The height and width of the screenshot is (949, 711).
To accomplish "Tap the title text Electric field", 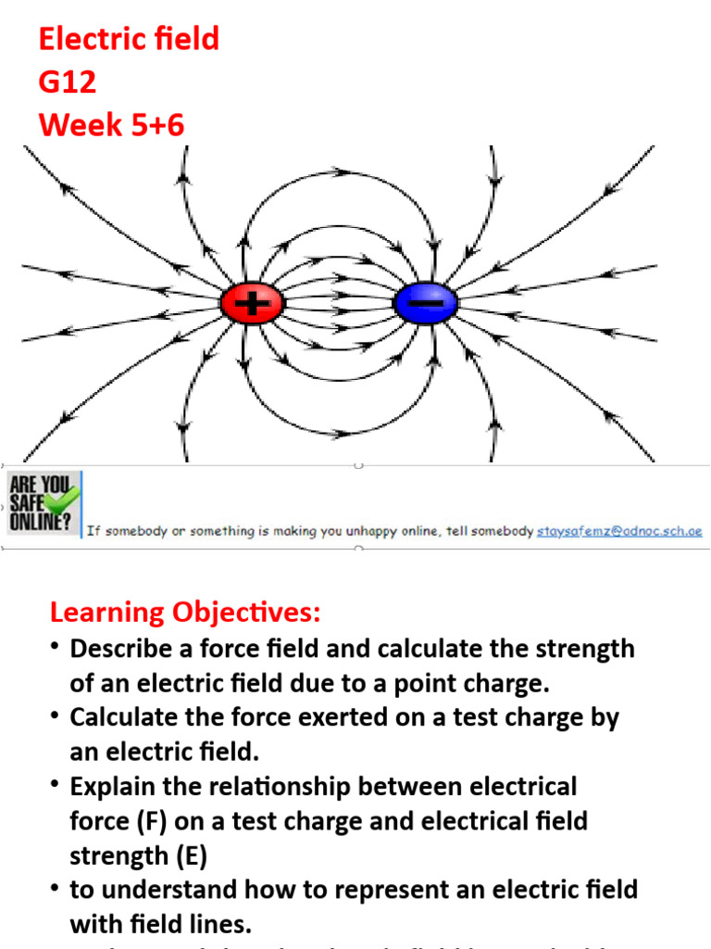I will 129,39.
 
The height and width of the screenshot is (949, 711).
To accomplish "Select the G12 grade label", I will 68,82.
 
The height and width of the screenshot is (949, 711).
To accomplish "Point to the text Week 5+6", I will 111,125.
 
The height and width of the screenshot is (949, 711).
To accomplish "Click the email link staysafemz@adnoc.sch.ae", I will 619,531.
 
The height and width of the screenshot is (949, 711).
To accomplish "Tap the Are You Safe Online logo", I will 43,503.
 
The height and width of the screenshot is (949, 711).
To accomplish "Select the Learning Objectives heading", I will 185,613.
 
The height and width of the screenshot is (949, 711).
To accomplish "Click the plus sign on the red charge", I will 251,304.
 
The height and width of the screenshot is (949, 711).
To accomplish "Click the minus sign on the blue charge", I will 426,304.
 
